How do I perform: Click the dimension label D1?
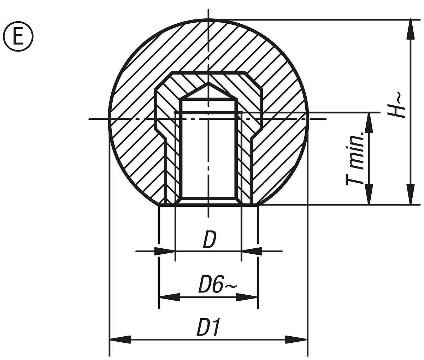click(208, 328)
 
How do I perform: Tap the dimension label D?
click(209, 240)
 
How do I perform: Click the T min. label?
click(355, 158)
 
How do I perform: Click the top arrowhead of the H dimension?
click(410, 28)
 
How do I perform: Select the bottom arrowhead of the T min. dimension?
click(369, 195)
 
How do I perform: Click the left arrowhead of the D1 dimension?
click(120, 340)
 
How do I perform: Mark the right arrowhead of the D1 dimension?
click(297, 340)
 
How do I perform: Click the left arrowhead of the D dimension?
click(165, 251)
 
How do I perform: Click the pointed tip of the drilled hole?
click(208, 84)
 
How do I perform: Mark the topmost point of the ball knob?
click(208, 19)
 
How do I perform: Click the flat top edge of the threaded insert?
click(208, 72)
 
